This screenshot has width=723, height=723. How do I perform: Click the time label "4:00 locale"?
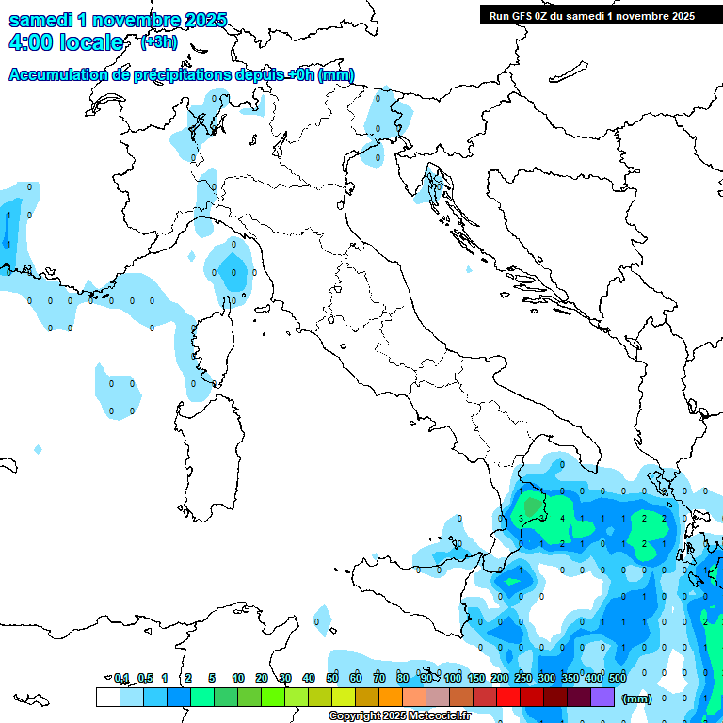65,42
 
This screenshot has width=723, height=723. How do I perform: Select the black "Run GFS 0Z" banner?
591,15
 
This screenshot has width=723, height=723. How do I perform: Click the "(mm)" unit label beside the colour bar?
637,699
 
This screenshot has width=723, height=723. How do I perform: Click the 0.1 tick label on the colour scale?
121,678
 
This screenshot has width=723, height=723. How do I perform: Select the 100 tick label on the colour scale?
453,678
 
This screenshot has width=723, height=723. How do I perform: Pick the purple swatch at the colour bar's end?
602,698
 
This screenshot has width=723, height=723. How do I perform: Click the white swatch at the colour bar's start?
108,698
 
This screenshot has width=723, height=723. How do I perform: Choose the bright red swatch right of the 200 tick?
508,698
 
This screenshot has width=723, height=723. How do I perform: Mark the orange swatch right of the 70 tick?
391,698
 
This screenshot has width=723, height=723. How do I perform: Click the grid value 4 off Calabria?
562,518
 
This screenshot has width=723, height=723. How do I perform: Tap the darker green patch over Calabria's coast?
534,506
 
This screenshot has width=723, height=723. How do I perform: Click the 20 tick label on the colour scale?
262,678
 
